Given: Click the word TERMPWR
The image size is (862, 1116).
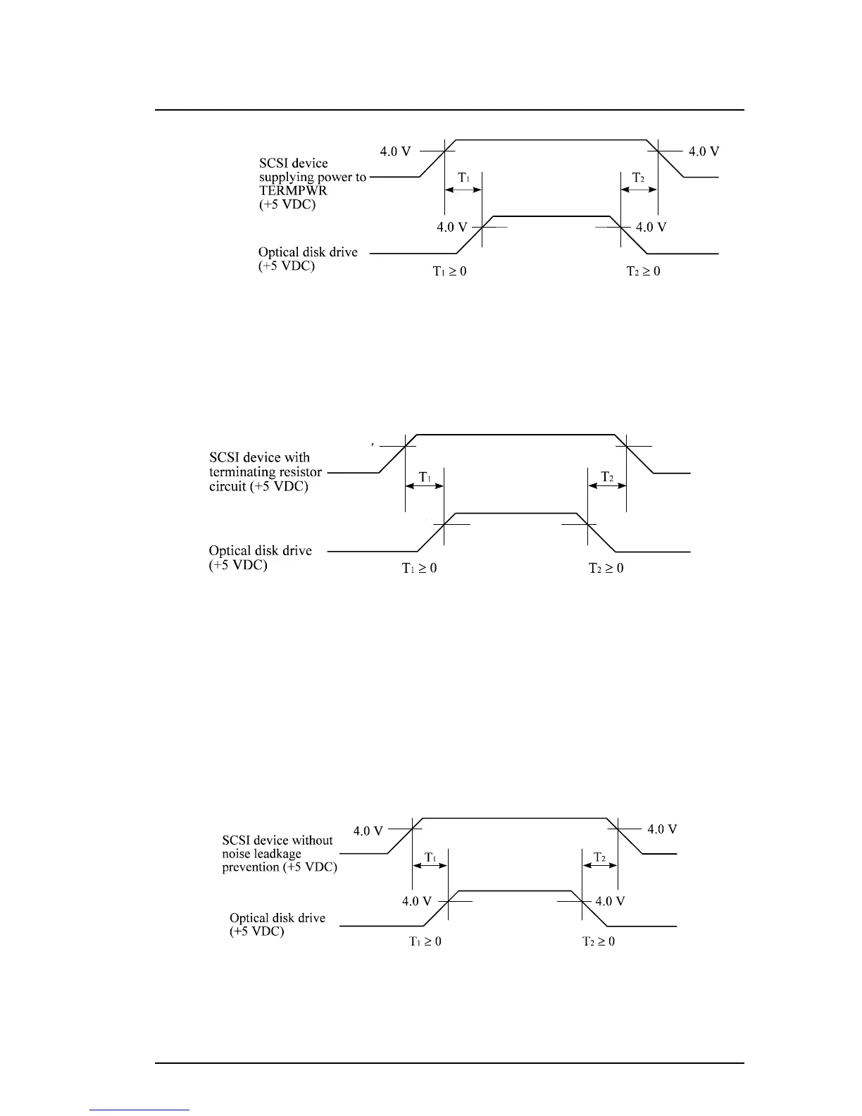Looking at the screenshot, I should (x=293, y=190).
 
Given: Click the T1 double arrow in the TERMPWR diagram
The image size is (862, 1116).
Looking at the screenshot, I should (x=463, y=190).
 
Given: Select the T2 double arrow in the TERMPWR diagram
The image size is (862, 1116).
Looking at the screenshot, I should (x=639, y=190).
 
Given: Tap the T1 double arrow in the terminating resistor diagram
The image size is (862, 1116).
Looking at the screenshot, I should (x=424, y=486).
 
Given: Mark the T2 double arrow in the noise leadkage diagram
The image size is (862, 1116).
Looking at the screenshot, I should (x=600, y=865).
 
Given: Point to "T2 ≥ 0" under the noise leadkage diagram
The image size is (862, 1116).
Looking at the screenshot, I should (x=598, y=941).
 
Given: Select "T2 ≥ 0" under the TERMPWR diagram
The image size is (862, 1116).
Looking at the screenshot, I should (x=643, y=271).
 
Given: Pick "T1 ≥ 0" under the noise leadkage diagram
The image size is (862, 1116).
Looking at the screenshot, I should (x=425, y=941).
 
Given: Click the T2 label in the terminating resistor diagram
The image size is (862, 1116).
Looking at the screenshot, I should (x=607, y=477).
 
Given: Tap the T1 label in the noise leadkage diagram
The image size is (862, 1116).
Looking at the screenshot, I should (x=430, y=857).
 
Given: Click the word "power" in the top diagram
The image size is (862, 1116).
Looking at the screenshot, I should (x=335, y=177).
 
